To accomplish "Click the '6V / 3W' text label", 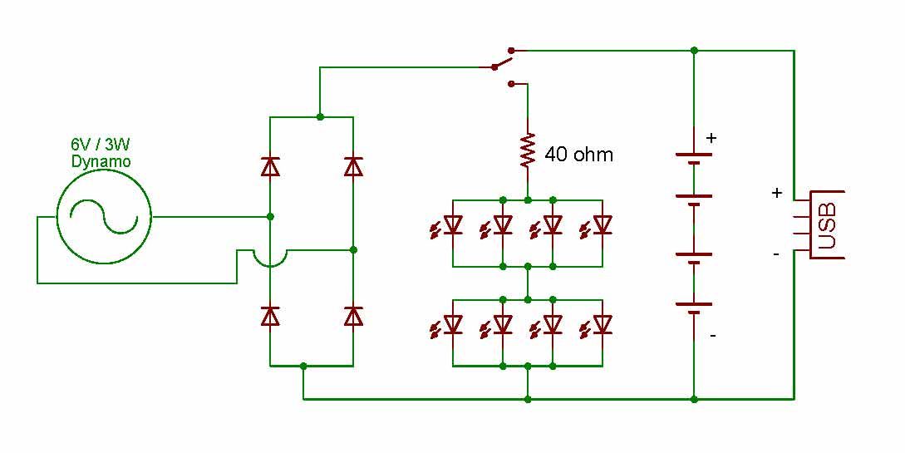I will [x=101, y=144].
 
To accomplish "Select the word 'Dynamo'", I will [x=101, y=161].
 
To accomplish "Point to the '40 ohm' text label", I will [x=578, y=154].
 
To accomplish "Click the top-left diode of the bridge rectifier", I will [x=270, y=167].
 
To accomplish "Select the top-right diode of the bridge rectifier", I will [x=353, y=167].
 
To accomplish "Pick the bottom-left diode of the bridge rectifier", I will [x=270, y=316].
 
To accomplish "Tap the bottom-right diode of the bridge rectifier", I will [x=353, y=316].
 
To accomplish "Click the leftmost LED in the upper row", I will [x=451, y=225].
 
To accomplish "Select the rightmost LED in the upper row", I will [x=601, y=225].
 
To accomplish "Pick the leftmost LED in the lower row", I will [x=451, y=324].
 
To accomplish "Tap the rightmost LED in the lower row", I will [x=601, y=324].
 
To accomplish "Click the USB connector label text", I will [x=828, y=223].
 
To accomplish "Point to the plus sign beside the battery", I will [x=711, y=138].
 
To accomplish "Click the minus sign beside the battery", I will [x=712, y=337].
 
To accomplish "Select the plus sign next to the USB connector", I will [x=777, y=193].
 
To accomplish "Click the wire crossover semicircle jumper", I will [x=270, y=259].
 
